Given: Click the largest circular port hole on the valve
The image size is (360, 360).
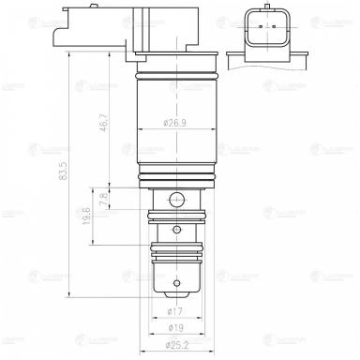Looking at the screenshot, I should (178, 198).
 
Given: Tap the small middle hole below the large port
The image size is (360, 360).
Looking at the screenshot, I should (178, 230).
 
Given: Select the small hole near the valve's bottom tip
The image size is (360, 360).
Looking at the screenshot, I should (178, 281).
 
